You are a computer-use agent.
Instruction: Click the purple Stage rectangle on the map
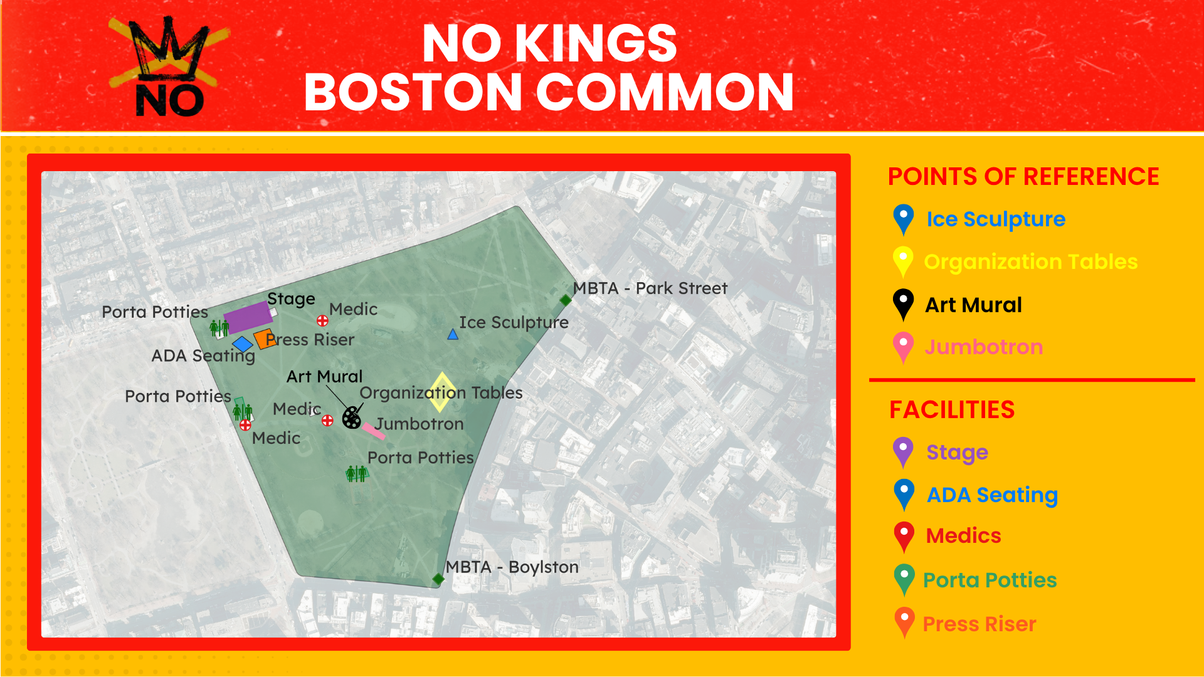(x=248, y=317)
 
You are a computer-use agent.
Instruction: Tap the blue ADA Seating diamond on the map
(x=242, y=344)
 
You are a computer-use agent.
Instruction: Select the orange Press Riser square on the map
(x=264, y=338)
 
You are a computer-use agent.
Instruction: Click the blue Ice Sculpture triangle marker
(x=453, y=335)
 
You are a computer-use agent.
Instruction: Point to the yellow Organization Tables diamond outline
(x=442, y=392)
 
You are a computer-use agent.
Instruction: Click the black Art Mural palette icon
(x=352, y=417)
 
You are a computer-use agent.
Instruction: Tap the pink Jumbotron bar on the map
(x=373, y=431)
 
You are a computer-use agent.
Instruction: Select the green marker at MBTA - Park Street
(x=566, y=300)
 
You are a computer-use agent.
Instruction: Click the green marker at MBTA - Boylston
(x=438, y=579)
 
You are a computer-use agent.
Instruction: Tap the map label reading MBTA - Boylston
(x=512, y=567)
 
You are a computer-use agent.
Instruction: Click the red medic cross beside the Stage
(x=322, y=321)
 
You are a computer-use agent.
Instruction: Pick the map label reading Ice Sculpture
(x=514, y=322)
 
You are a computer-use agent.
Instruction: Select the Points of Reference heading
(x=1023, y=177)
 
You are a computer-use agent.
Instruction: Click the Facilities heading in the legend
(x=951, y=410)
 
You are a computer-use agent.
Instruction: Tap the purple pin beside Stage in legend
(x=903, y=451)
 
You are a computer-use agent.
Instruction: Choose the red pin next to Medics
(x=904, y=535)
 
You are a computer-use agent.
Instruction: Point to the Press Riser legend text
(x=979, y=624)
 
